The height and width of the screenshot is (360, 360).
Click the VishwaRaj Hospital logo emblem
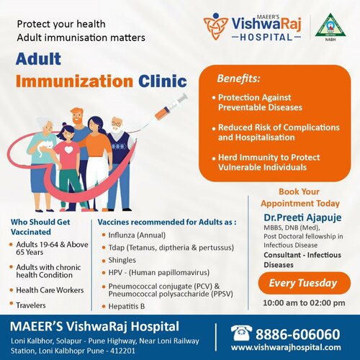pyautogui.click(x=216, y=27)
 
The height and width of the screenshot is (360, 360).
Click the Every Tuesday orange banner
pyautogui.click(x=302, y=283)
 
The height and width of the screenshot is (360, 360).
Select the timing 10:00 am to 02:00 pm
pyautogui.click(x=302, y=302)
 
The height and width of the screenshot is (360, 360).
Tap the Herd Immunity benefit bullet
pyautogui.click(x=269, y=162)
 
